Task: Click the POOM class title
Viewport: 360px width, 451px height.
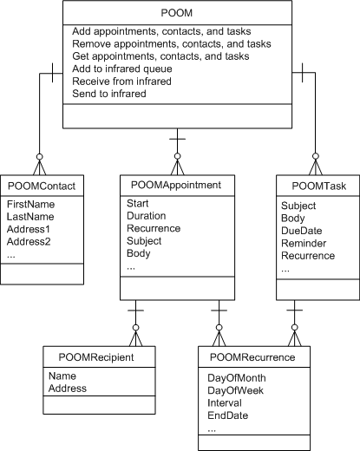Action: point(176,13)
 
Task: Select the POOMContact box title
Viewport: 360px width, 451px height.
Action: point(42,186)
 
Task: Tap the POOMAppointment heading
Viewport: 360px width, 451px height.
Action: point(176,185)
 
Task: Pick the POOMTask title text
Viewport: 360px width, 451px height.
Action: point(318,186)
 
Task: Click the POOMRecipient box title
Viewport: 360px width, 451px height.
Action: point(96,357)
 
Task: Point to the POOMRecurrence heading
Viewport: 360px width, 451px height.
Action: point(252,357)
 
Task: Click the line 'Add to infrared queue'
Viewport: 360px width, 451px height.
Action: point(122,69)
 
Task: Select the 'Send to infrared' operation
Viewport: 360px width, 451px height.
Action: point(109,94)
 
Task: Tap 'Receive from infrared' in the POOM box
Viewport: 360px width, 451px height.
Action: point(121,82)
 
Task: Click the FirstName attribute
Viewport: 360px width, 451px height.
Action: point(30,205)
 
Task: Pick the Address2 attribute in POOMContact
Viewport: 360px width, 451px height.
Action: point(29,241)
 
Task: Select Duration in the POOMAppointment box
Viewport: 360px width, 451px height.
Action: point(147,216)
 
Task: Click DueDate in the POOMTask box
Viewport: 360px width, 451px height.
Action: point(302,231)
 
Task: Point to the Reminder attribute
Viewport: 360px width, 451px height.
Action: point(304,244)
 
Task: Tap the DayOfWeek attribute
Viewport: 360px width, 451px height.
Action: point(235,390)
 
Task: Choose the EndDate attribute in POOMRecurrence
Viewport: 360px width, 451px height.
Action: point(228,415)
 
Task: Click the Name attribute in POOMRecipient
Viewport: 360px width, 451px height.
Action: point(62,376)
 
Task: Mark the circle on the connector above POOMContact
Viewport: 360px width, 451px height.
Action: point(40,157)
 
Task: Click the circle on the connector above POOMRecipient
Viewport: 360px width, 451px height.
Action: point(135,328)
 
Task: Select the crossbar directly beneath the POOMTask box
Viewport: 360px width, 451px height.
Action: point(295,310)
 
